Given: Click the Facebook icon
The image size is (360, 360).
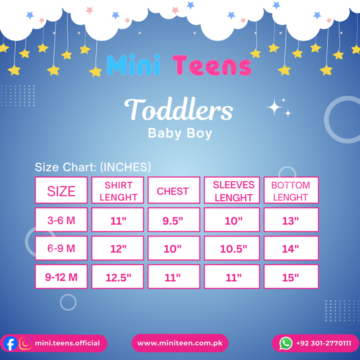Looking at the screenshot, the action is tap(10, 343).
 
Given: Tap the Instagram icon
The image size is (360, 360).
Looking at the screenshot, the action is tap(25, 343).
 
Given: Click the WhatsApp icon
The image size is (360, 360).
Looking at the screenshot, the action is tap(286, 343).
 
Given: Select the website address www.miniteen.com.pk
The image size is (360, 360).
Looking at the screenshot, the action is tap(180, 343).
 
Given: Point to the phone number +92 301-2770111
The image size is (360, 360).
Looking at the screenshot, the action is tap(323, 343).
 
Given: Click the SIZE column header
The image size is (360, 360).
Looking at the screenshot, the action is tap(61, 190).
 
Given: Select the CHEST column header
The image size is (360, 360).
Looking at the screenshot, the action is tap(174, 190).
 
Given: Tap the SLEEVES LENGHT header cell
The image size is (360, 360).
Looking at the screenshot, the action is tap(231, 190).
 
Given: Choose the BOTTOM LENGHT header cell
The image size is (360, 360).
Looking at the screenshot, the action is tap(291, 190).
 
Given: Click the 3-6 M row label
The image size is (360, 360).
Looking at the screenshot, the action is tap(61, 219).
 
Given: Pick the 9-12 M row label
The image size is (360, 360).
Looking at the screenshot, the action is tap(61, 276).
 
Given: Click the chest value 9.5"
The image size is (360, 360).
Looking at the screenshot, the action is tap(173, 220).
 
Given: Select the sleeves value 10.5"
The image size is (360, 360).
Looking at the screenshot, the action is tap(233, 249).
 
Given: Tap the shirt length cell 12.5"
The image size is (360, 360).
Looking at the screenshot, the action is tap(117, 276).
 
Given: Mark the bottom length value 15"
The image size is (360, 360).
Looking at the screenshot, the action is tap(290, 277).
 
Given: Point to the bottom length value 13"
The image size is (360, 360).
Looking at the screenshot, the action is tap(290, 220).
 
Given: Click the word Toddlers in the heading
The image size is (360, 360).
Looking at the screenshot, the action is tap(178, 109).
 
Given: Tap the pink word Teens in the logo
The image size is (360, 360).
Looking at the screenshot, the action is tap(212, 65).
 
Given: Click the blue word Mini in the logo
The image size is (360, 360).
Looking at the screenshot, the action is tap(133, 65).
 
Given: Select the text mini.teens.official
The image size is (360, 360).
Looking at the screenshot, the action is tap(67, 343).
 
